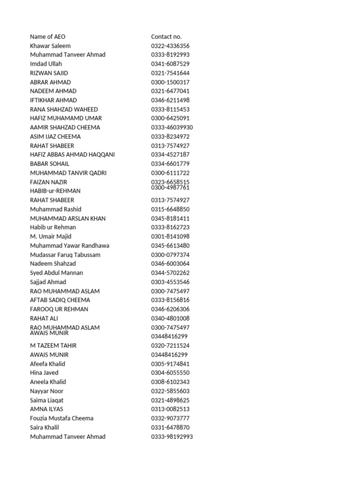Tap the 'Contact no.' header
pos(166,37)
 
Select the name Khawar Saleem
pos(50,46)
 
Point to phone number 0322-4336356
pos(170,46)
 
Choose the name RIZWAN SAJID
pos(49,73)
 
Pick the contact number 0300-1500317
pos(170,82)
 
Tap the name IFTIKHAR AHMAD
pos(53,100)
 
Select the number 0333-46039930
pos(172,127)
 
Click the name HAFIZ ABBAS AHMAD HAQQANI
pos(72,155)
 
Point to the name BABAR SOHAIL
pos(50,164)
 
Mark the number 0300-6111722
pos(170,173)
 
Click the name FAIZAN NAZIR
pos(49,182)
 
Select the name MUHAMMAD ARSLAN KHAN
pos(67,218)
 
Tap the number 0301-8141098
pos(170,237)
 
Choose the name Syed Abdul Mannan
pos(56,273)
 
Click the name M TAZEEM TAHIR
pos(53,345)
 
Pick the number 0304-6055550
pos(170,373)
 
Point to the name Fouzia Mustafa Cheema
pos(61,418)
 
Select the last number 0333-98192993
pos(172,437)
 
